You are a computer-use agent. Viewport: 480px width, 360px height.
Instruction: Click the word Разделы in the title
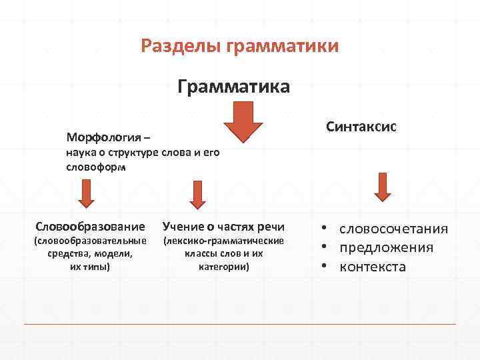(181, 46)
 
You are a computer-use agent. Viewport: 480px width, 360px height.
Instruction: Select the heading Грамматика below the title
(233, 87)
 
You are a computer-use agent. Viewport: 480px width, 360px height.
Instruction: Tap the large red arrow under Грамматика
(243, 122)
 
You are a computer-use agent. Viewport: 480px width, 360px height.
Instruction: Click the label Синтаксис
(361, 127)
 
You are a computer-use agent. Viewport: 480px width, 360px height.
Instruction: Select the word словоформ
(95, 167)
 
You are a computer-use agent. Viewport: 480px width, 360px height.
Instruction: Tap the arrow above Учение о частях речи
(196, 195)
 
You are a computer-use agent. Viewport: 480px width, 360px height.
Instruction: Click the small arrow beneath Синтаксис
(381, 187)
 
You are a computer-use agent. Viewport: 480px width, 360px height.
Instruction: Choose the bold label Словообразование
(90, 226)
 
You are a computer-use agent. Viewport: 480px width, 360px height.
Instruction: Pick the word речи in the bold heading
(271, 226)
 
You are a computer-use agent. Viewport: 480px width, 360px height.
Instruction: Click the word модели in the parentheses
(113, 253)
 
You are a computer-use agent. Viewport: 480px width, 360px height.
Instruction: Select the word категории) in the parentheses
(224, 267)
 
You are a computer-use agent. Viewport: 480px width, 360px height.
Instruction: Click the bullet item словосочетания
(393, 229)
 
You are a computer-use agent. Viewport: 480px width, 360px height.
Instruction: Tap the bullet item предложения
(386, 247)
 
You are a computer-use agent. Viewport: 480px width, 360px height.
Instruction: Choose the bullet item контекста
(372, 267)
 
